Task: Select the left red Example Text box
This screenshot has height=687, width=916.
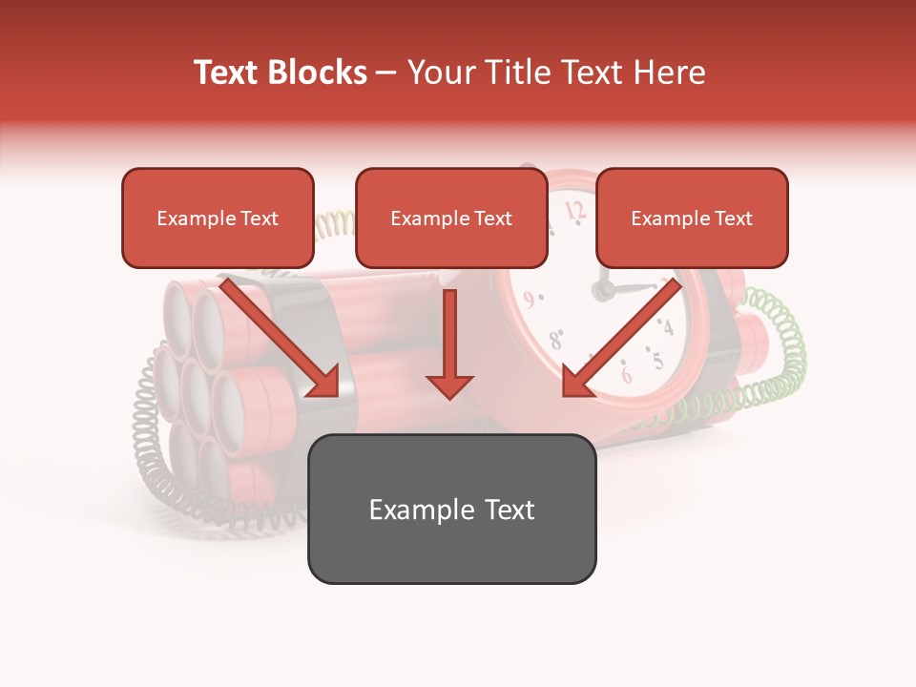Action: click(218, 218)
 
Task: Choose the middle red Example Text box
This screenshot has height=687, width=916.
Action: click(451, 218)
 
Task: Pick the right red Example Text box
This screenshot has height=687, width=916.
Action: click(692, 218)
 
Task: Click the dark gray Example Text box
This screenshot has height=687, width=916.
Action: click(451, 509)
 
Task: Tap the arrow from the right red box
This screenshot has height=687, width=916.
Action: click(620, 339)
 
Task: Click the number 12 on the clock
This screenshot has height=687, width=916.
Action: click(574, 210)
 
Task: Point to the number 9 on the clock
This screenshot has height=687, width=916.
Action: click(528, 300)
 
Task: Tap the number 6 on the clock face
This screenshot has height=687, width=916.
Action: click(626, 374)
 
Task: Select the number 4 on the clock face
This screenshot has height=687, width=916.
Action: click(668, 328)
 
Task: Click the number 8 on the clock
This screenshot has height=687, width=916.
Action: click(555, 339)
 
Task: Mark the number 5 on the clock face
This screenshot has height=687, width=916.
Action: click(657, 361)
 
